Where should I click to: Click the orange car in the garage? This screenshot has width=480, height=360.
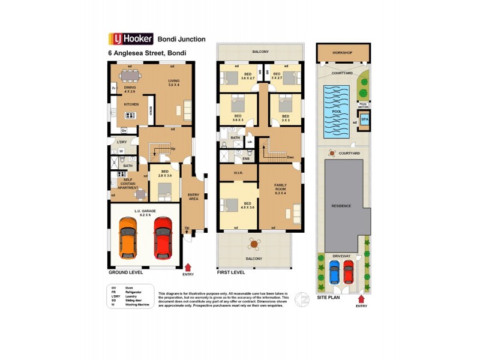[128, 238]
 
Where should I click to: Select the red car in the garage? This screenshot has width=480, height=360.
[163, 238]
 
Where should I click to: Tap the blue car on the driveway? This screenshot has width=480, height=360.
[335, 273]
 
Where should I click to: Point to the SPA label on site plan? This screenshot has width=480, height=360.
[364, 119]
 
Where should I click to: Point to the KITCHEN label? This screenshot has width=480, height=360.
[131, 104]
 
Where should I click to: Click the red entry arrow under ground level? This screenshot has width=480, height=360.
[188, 266]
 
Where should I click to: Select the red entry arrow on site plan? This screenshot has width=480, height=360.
[361, 298]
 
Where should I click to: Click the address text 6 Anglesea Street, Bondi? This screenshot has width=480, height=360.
[147, 53]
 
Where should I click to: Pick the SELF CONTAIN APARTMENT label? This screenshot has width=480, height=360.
[128, 184]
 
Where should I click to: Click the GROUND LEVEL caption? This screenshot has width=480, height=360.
[125, 272]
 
